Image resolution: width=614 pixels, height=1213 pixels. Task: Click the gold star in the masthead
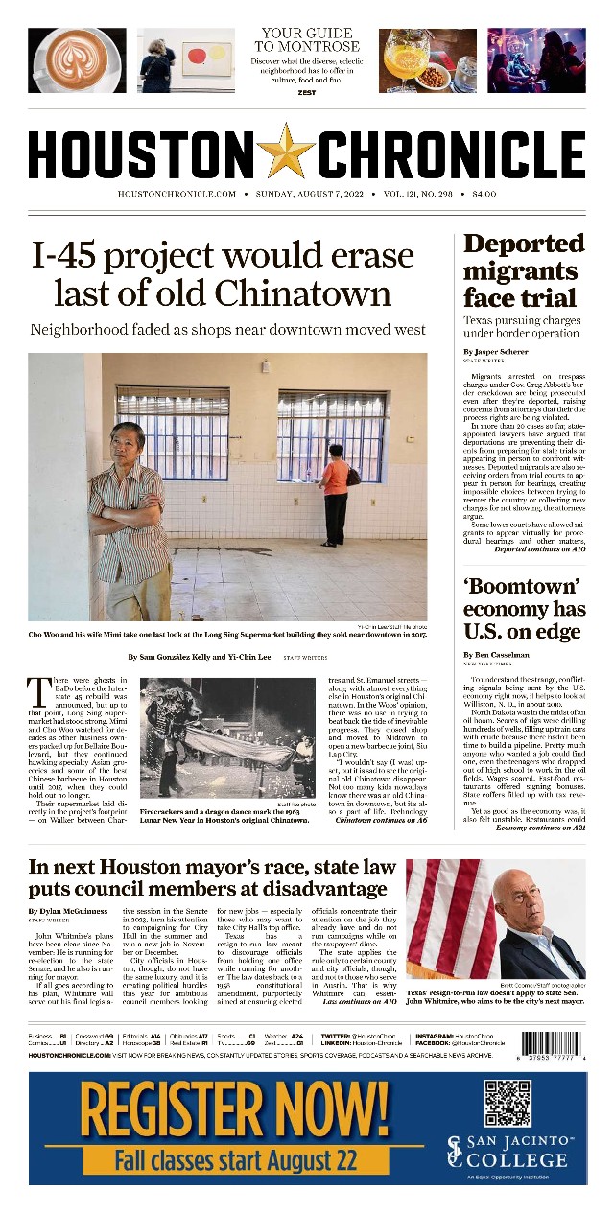(285, 152)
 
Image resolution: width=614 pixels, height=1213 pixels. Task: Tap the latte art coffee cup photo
(77, 59)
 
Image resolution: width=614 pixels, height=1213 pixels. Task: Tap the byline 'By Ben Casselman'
(502, 655)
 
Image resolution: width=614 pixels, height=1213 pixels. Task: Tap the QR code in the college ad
(508, 1103)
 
